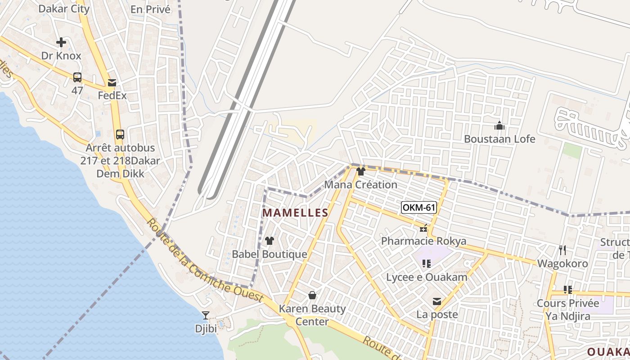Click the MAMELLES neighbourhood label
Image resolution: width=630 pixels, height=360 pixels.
click(295, 212)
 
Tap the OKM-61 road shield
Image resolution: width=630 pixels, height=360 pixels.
click(419, 207)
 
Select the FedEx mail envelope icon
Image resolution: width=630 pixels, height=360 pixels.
click(112, 83)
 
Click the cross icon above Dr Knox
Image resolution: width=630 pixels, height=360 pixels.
click(61, 43)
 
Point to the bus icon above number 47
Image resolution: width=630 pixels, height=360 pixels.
click(77, 77)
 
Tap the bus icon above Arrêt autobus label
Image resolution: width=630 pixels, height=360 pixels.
click(120, 134)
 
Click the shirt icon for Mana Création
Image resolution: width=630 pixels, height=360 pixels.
click(360, 171)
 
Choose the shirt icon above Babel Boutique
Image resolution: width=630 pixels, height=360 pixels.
click(270, 241)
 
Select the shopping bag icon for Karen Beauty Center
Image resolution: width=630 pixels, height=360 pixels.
click(312, 295)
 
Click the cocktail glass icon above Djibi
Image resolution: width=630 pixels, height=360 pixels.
click(206, 315)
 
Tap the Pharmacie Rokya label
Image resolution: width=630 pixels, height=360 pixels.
click(423, 241)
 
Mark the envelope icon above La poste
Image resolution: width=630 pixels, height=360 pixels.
click(436, 301)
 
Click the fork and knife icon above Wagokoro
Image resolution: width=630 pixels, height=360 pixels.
click(562, 250)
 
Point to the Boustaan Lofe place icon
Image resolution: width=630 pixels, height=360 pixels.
click(499, 126)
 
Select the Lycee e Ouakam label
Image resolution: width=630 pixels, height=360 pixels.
click(427, 277)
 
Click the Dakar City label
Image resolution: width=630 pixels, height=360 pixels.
click(64, 9)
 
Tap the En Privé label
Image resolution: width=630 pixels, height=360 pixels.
click(150, 9)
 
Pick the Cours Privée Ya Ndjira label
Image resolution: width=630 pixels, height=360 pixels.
click(567, 310)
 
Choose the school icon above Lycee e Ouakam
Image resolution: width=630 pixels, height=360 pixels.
click(426, 264)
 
